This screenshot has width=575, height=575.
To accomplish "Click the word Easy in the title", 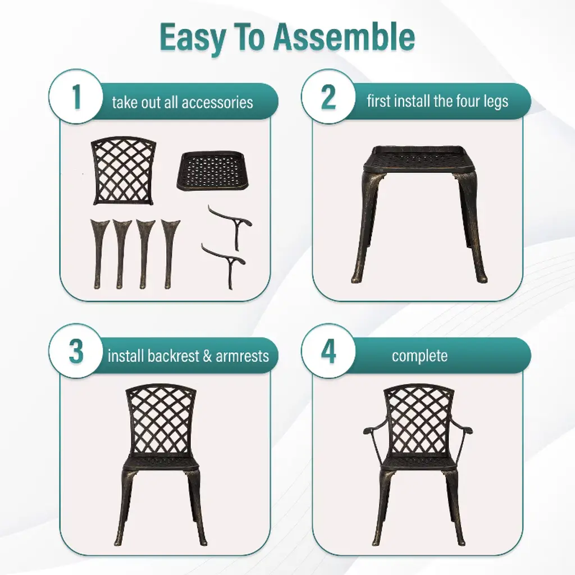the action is pos(193,38).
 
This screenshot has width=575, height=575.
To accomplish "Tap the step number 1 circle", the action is pos(76,97).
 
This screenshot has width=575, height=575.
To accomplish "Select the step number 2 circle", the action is pos(328,97).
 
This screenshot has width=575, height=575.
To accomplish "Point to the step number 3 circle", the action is pos(76,351).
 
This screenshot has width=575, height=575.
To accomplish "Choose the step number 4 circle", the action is pos(328,351).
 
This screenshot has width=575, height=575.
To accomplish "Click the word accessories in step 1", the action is pos(217,102).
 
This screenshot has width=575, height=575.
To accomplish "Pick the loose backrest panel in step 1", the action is pos(123,171).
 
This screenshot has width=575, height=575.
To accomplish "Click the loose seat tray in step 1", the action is pos(212,171).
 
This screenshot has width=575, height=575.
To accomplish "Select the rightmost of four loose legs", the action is pos(170,254).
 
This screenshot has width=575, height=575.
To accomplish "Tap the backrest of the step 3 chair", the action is pos(161,420).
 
